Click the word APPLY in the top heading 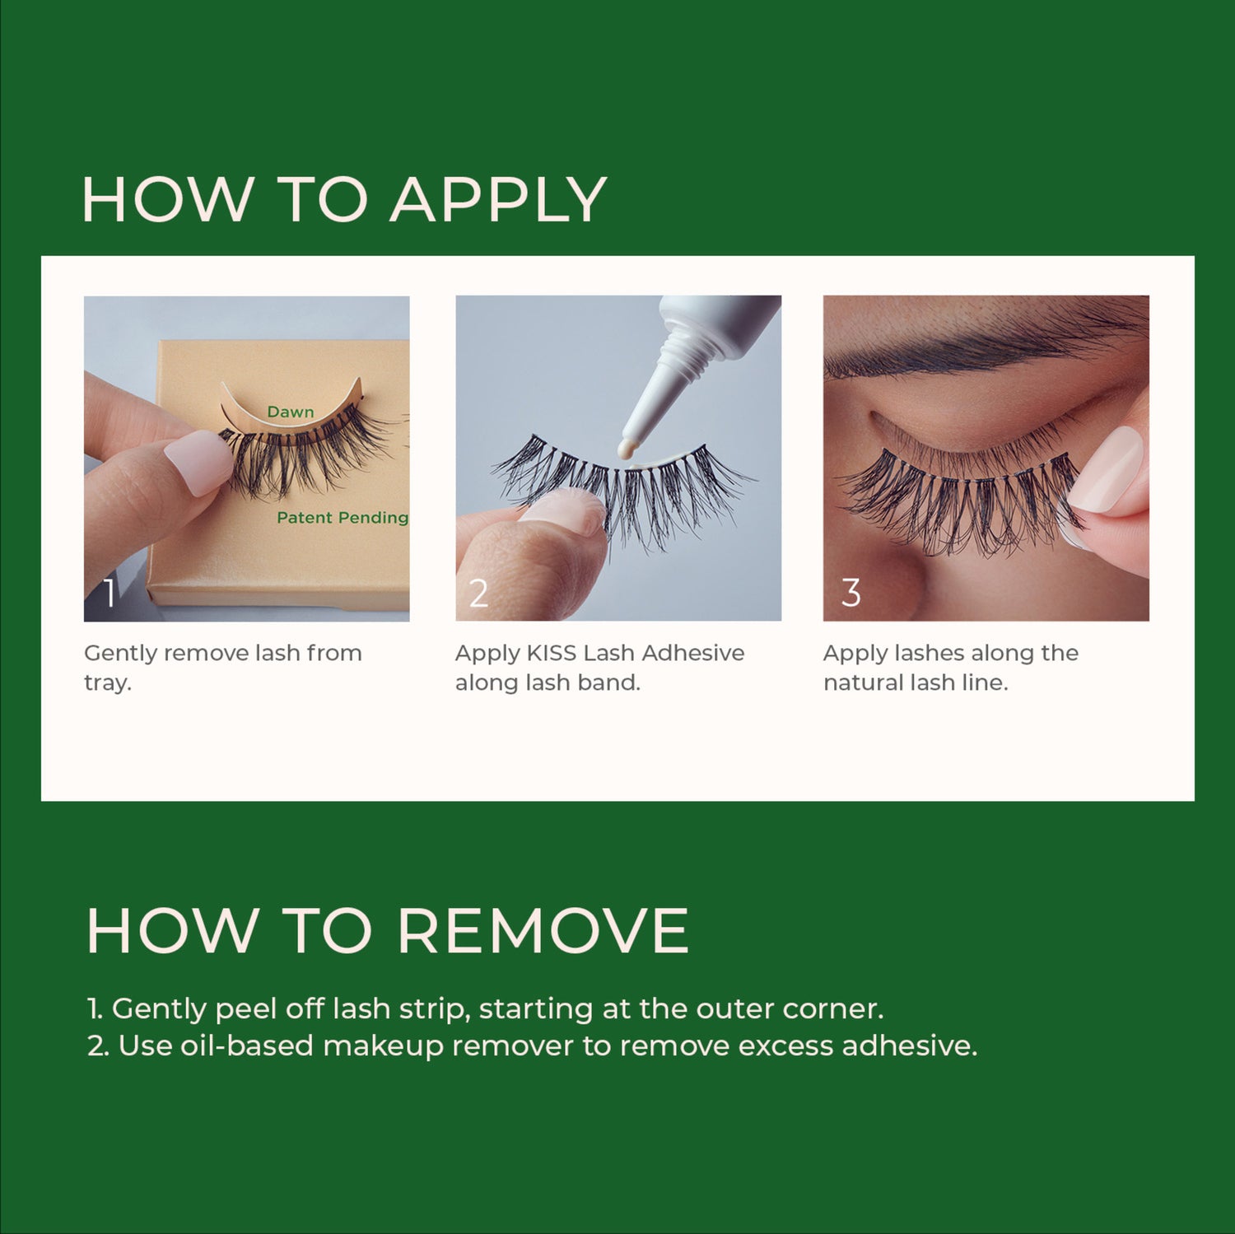(498, 200)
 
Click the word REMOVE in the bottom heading (543, 931)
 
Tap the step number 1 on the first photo (110, 593)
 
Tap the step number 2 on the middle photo (478, 593)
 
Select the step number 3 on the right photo (851, 593)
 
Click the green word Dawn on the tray (290, 412)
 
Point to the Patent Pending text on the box (342, 518)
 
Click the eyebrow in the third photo (972, 350)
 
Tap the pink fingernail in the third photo (1107, 469)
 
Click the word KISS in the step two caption (551, 653)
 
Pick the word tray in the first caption (106, 683)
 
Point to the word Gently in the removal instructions (158, 1009)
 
